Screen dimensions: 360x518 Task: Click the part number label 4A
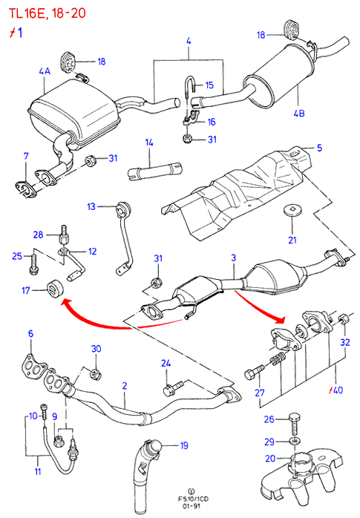point(45,71)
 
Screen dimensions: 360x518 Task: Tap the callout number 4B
point(299,113)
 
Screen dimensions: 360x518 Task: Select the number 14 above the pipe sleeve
point(149,142)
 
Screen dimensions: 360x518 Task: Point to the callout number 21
point(292,240)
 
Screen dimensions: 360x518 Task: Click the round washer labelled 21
point(292,211)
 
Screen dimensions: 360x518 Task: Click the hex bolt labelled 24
point(174,389)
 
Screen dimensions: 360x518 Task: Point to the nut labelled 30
point(96,374)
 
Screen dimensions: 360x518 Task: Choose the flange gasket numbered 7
point(25,189)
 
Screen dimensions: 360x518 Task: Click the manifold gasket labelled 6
point(35,364)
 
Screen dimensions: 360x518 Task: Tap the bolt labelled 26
point(295,424)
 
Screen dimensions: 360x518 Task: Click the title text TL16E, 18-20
point(47,13)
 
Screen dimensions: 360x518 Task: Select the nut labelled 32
point(344,319)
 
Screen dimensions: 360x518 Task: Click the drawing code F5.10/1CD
point(193,499)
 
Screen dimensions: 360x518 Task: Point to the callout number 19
point(184,445)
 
